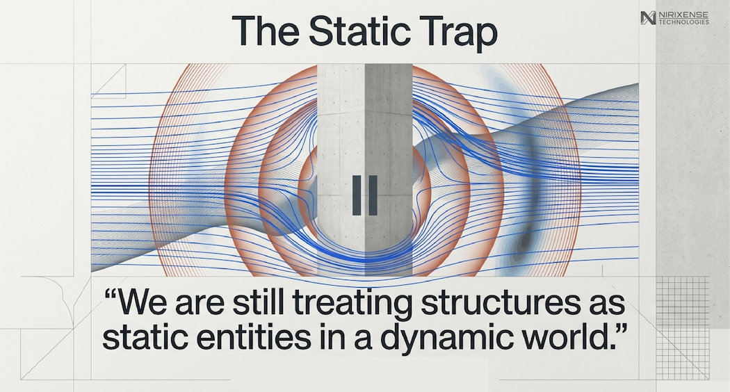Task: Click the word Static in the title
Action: point(360,31)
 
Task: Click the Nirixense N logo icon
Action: point(648,17)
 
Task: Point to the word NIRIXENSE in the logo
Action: point(683,15)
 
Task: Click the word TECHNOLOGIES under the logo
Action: point(684,22)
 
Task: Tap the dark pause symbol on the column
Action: point(364,195)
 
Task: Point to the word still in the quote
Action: point(259,302)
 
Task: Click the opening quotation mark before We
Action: point(111,294)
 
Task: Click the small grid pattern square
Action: point(683,302)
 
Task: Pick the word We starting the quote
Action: point(143,302)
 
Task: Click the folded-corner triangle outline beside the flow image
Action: point(108,81)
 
